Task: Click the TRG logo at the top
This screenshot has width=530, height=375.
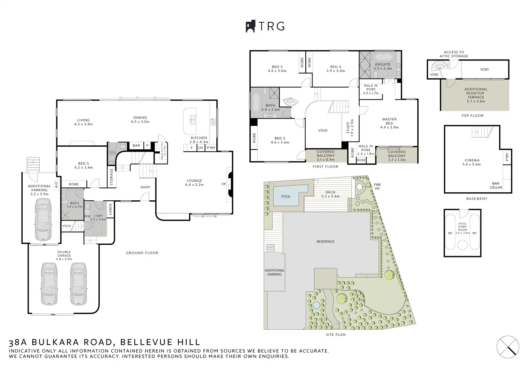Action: coord(265,26)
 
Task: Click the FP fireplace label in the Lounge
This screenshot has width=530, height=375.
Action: coord(224,184)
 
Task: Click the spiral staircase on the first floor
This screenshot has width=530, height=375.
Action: coord(289,101)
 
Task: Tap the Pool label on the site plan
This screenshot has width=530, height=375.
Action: coord(286,197)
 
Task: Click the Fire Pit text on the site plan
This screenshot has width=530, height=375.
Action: coord(377,187)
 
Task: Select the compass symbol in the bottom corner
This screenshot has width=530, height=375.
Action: coord(508,347)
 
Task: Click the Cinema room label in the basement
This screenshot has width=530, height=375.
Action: coord(472,162)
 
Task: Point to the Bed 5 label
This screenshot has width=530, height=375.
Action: coord(83,165)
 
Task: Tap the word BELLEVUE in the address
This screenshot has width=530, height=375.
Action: coord(144,342)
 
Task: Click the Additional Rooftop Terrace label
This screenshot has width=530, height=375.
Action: coord(476,95)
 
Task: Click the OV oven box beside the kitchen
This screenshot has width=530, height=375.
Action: coord(201,148)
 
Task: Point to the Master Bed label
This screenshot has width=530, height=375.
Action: coord(389,123)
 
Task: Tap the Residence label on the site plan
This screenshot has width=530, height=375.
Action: coord(325,241)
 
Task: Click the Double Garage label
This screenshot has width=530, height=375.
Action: coord(64,255)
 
